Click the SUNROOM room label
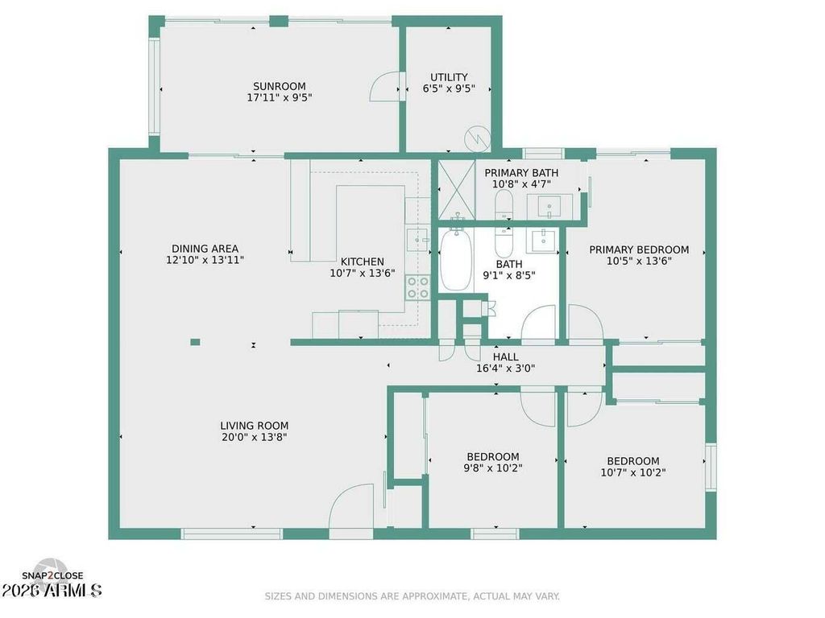[x=279, y=86]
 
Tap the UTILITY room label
[x=449, y=77]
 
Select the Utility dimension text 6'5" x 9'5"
[x=449, y=89]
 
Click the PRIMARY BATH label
[x=521, y=173]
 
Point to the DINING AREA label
[x=205, y=249]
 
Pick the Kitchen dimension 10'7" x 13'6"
[x=362, y=274]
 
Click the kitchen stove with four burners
[x=417, y=287]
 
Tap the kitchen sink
[x=418, y=240]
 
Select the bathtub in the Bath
[x=456, y=260]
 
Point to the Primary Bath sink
[x=549, y=205]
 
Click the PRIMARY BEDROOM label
[x=639, y=250]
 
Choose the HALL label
[x=506, y=357]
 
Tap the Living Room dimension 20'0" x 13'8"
[x=254, y=437]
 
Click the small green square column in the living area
[x=195, y=342]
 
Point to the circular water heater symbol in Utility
[x=477, y=138]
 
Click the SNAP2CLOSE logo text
[x=52, y=576]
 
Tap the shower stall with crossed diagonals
[x=457, y=190]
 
